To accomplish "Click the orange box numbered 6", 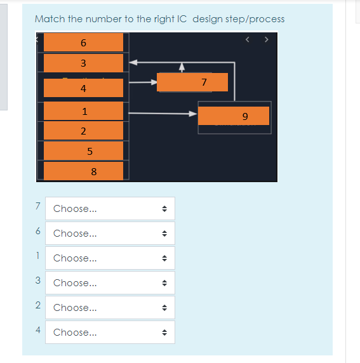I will click(83, 43).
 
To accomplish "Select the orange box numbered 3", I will click(83, 63).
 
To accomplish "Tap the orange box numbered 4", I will click(83, 88).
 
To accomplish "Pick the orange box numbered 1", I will click(83, 111).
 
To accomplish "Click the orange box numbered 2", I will click(83, 131).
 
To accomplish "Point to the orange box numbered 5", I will click(83, 151).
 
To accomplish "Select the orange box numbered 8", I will click(83, 171).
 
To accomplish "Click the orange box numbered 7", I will click(192, 82).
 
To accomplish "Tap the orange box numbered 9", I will click(234, 116).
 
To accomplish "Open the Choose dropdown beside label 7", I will click(110, 209).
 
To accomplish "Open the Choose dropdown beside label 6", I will click(110, 234).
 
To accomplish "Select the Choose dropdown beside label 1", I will click(110, 258).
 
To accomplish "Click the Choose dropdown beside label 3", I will click(110, 283).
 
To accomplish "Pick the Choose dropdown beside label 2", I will click(110, 308).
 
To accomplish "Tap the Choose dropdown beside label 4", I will click(110, 333).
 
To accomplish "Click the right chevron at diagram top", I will click(267, 41).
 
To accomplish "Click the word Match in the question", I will click(50, 19).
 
